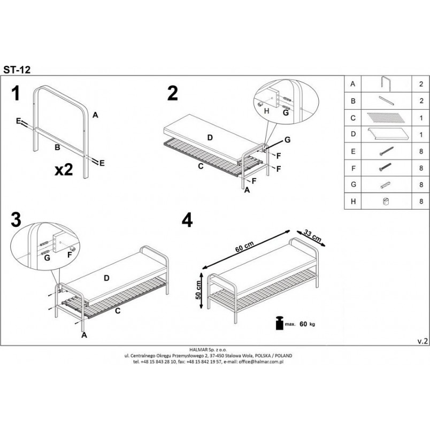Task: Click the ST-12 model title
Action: point(17,70)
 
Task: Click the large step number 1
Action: point(16,93)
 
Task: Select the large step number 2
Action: point(173,93)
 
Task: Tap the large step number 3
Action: point(16,220)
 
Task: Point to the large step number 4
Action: point(187,220)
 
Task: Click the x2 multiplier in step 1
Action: point(64,170)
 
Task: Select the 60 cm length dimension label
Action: point(244,246)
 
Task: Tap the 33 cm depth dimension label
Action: point(313,235)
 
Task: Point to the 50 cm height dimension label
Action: point(198,290)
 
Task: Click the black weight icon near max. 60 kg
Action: point(279,323)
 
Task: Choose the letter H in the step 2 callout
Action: point(266,111)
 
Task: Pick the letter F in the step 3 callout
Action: point(70,255)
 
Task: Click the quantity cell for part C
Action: point(421,118)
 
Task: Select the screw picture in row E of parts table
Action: point(386,151)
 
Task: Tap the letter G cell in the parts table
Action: point(353,185)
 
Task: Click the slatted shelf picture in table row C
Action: point(386,118)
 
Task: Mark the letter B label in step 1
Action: point(57,148)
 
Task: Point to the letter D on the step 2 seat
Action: point(210,137)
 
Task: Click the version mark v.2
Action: point(423,341)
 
